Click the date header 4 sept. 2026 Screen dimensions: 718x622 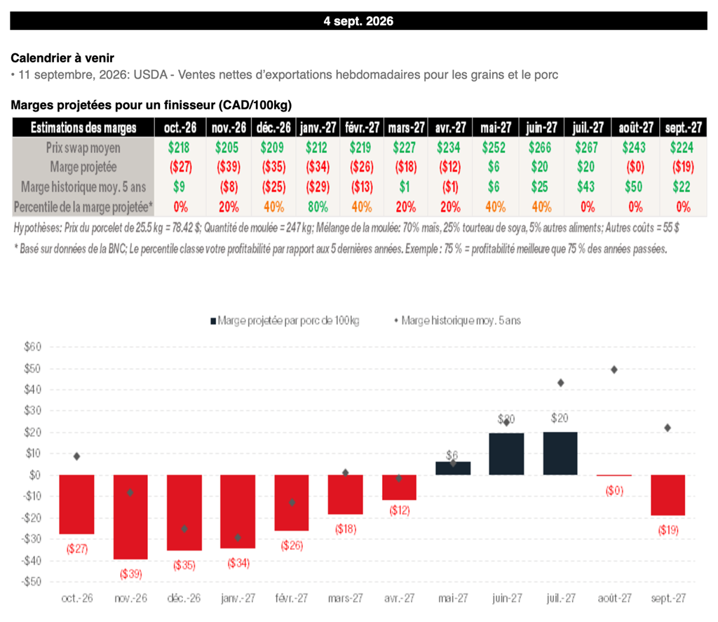click(x=358, y=21)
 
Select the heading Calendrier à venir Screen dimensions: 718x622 click(x=62, y=58)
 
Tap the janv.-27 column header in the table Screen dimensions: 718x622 click(x=318, y=128)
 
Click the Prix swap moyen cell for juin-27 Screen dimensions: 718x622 click(x=540, y=147)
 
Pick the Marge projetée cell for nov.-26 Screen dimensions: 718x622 click(x=228, y=167)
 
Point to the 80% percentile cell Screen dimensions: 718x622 click(x=318, y=207)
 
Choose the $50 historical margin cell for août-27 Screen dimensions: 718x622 click(x=634, y=187)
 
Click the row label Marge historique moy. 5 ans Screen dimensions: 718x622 click(x=83, y=187)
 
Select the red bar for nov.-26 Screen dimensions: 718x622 click(x=130, y=517)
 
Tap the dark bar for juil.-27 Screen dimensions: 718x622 click(x=560, y=454)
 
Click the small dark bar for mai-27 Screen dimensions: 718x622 click(x=453, y=468)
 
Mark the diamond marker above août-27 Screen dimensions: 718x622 click(x=614, y=370)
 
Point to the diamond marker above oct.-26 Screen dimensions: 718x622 click(x=76, y=457)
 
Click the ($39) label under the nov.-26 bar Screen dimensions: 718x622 click(x=131, y=574)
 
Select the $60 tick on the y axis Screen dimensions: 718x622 click(x=32, y=346)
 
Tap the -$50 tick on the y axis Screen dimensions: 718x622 click(x=31, y=582)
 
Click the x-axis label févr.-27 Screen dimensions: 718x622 click(x=291, y=598)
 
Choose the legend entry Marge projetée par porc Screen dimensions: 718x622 click(x=285, y=320)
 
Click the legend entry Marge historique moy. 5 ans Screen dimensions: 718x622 click(x=457, y=320)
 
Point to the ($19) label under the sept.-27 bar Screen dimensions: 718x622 click(x=668, y=530)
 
